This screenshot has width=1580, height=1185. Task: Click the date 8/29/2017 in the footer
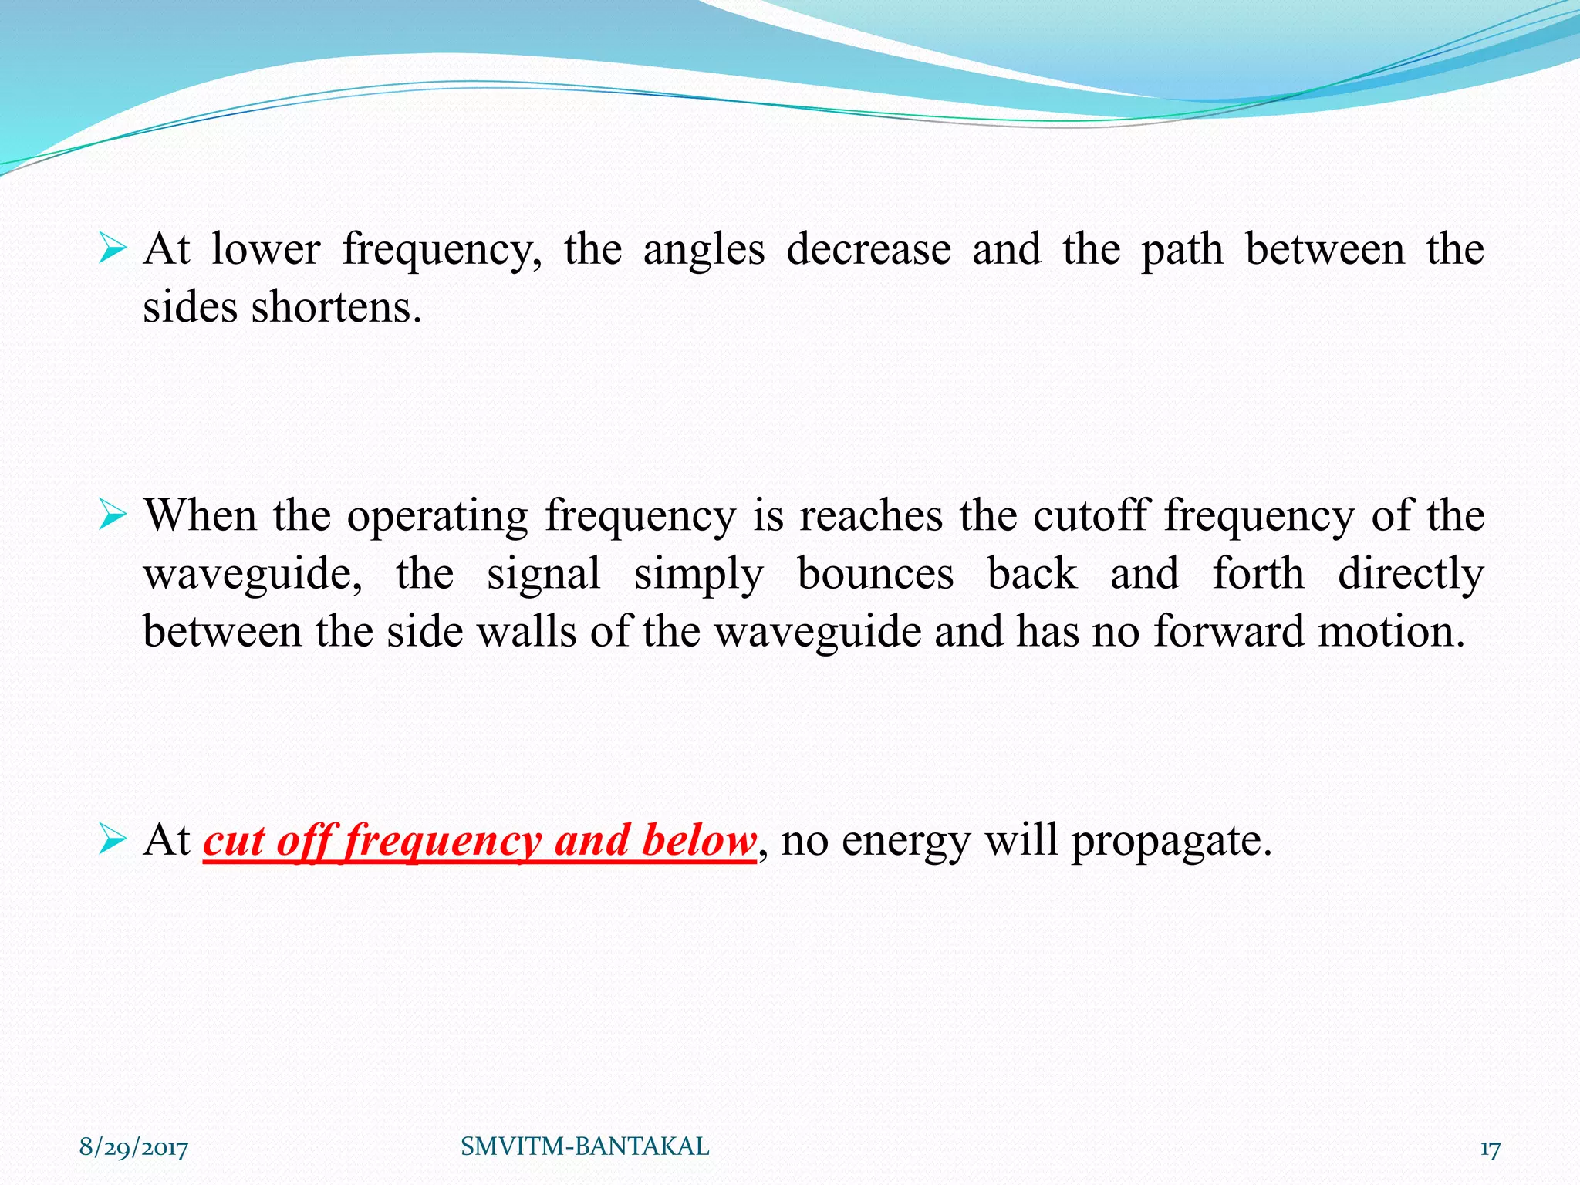(133, 1148)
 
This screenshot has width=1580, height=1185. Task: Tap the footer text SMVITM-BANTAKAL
(585, 1146)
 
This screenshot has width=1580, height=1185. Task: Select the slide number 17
(1490, 1150)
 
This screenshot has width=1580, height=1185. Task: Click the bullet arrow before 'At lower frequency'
(112, 250)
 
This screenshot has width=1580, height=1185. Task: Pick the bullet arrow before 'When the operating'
(112, 516)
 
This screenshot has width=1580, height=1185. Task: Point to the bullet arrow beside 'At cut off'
(112, 840)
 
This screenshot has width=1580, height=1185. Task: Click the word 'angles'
(704, 250)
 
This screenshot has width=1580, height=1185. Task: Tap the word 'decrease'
(869, 250)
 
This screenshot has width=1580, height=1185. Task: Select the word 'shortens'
(336, 308)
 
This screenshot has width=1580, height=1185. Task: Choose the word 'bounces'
(876, 574)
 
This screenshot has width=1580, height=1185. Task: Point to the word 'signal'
(544, 574)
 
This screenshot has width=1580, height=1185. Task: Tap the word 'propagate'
(1170, 841)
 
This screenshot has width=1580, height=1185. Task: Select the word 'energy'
(906, 841)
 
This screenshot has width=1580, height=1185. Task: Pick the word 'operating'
(437, 516)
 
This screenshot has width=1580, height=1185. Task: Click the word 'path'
(1182, 250)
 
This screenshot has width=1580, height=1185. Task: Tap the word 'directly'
(1410, 574)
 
